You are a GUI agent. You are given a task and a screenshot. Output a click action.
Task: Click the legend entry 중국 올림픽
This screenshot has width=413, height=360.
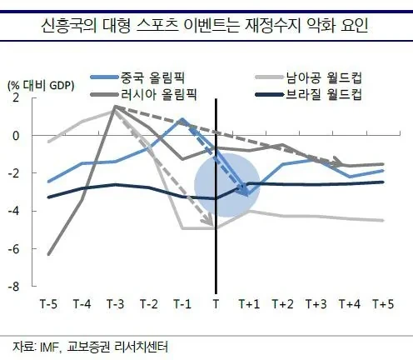click(138, 77)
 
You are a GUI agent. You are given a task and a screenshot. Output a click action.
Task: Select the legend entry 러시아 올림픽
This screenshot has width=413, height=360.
click(144, 95)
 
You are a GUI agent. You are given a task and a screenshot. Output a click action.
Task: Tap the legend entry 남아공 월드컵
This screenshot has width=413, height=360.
click(309, 77)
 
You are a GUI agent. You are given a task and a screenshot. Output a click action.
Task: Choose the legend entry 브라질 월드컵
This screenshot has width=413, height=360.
click(309, 95)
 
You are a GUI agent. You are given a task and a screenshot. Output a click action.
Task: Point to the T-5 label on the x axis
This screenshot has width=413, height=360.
click(49, 304)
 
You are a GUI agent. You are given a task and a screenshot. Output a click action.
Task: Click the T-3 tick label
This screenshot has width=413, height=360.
click(116, 304)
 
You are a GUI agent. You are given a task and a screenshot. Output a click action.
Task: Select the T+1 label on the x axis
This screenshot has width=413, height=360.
click(249, 304)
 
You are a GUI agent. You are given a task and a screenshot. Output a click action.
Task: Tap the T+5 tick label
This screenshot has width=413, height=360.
click(383, 304)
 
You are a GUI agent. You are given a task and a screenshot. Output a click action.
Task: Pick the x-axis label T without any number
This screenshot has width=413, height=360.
click(216, 304)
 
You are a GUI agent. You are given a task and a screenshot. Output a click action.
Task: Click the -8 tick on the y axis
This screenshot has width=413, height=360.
click(13, 287)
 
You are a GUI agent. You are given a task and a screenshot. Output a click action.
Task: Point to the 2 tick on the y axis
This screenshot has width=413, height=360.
click(16, 97)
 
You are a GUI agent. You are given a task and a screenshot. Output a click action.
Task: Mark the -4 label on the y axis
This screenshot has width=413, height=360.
click(13, 211)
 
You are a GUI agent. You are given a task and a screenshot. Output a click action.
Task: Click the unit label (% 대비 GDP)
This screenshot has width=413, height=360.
click(41, 86)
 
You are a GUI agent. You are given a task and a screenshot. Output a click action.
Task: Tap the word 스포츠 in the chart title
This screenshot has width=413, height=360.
click(157, 26)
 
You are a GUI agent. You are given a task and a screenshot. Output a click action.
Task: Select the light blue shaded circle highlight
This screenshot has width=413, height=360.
click(227, 185)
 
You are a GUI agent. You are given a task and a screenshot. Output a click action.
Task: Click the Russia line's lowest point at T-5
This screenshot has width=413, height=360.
click(49, 254)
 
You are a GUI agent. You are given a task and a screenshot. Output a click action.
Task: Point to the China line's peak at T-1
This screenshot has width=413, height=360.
click(182, 119)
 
